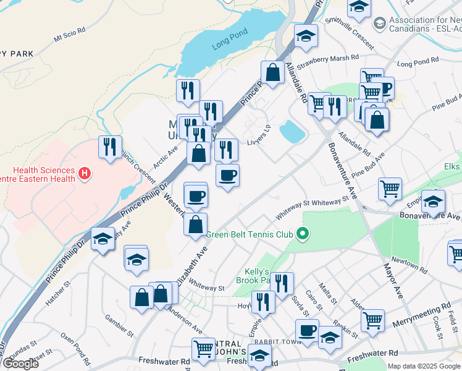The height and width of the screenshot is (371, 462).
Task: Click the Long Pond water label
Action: coord(229,38)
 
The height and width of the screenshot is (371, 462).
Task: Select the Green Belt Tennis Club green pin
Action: coord(302,234)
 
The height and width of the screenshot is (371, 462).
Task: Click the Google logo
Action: coord(20,364)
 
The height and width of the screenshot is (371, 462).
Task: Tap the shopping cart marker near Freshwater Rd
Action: coord(204,349)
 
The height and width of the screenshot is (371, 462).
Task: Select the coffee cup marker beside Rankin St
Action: coord(307,330)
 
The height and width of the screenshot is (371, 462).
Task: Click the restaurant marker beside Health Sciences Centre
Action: coord(110,147)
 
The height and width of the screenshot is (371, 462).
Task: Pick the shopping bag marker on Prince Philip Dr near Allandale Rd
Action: coord(272,72)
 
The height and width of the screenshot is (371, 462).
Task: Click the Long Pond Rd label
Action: coord(418,64)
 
